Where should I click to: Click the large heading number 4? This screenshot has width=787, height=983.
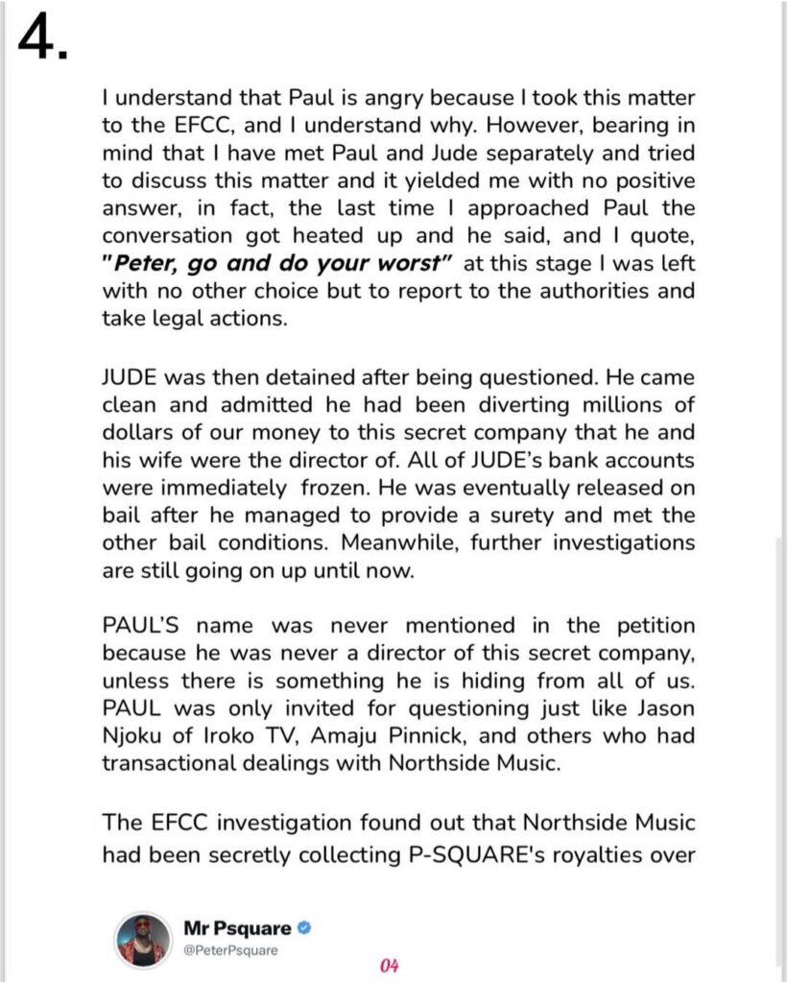pyautogui.click(x=42, y=39)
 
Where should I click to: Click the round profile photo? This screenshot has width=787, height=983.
pyautogui.click(x=143, y=940)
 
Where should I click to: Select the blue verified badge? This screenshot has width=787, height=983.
pyautogui.click(x=302, y=929)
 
